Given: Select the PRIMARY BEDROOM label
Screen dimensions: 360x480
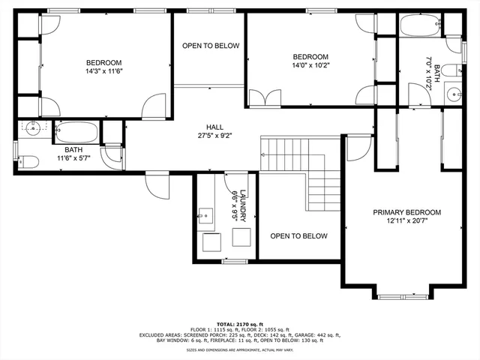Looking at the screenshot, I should tap(406, 212).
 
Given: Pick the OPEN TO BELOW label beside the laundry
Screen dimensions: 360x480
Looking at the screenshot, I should tap(298, 236).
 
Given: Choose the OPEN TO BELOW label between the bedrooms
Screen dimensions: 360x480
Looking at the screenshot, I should tap(211, 46).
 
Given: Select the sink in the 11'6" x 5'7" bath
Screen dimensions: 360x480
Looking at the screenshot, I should tap(30, 128).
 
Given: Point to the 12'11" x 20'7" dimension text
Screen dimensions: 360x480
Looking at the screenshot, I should tap(406, 223).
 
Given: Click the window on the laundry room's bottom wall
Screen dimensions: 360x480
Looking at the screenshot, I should tap(235, 260).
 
